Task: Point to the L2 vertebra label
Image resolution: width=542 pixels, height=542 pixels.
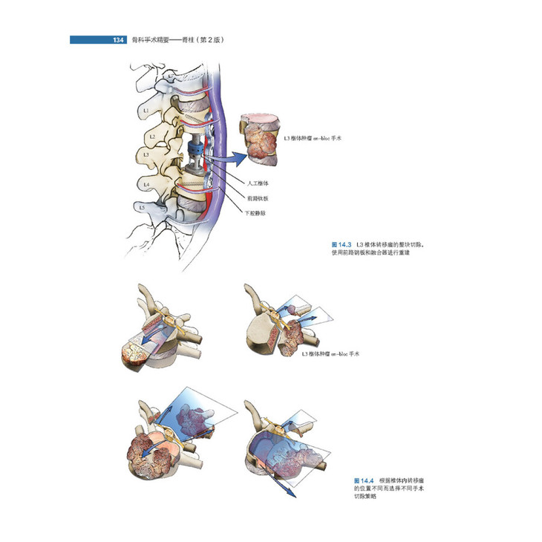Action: coord(151,137)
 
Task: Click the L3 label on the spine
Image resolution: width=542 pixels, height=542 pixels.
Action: coord(146,156)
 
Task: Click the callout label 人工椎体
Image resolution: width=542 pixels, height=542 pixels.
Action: coord(255,183)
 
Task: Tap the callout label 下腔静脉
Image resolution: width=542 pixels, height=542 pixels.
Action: coord(255,213)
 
